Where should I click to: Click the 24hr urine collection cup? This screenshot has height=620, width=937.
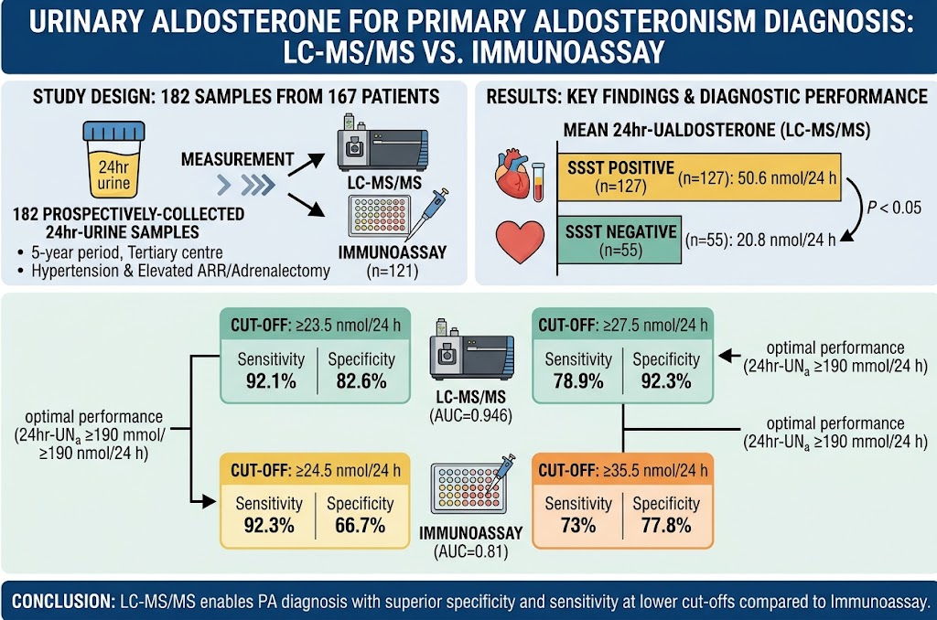point(113,159)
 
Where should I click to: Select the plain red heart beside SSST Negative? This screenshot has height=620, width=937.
point(520,241)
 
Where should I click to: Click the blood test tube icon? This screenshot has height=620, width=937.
point(538,182)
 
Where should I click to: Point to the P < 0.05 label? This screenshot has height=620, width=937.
point(894,208)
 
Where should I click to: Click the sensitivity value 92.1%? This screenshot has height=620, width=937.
point(271,381)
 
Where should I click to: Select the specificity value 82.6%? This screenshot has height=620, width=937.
point(361,381)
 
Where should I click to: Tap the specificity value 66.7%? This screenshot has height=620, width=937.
point(360,526)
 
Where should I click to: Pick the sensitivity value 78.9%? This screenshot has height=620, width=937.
point(578,381)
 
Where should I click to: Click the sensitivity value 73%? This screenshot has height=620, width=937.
point(578,526)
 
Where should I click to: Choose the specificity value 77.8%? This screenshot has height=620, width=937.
point(666,526)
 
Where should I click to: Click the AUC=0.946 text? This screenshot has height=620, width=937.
point(471,416)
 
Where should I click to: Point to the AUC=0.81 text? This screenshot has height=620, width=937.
point(471,551)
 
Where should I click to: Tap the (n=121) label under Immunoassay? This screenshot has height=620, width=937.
point(392,272)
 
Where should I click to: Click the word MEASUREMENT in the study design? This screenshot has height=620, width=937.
point(237,159)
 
